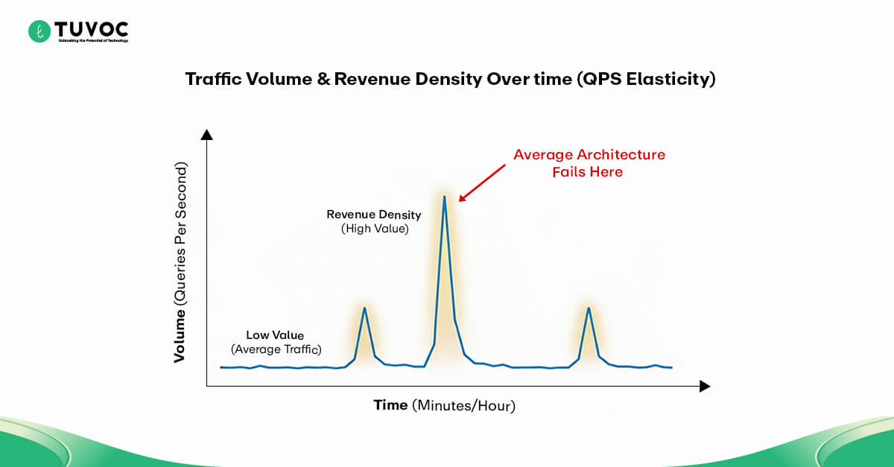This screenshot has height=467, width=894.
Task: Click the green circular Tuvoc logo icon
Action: coord(39,31)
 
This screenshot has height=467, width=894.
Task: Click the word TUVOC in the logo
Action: coord(92,28)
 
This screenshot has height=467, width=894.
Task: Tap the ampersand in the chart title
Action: coord(323,80)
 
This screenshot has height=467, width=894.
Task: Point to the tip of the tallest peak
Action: coord(445,197)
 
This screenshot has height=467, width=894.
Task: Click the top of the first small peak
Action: coord(364,308)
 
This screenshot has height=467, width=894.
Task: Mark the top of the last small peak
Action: coord(589,308)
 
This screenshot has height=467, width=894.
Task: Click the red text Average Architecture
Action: coord(589,155)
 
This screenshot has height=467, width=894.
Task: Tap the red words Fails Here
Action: coord(587,172)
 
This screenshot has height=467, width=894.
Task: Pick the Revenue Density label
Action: coord(374,215)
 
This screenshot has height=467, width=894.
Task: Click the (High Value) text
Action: coord(375,229)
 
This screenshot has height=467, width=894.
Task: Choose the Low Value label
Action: coord(275,335)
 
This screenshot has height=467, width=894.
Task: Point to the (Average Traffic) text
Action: coord(276,349)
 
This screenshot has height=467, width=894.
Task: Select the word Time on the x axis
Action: coord(390,405)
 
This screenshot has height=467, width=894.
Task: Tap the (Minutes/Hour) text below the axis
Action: coord(464,406)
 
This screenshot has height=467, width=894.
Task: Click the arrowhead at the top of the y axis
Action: coord(207,134)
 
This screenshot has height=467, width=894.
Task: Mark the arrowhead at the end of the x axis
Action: coord(705,387)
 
